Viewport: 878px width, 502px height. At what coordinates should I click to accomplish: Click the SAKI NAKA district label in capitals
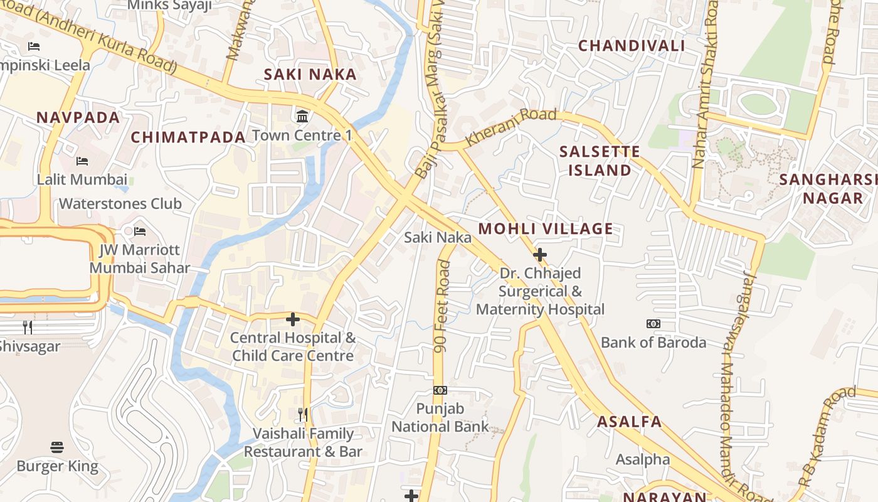tap(310, 74)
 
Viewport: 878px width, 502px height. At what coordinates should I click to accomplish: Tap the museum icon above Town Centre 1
tap(302, 116)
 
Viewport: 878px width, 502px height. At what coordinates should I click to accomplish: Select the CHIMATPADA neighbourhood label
tap(188, 137)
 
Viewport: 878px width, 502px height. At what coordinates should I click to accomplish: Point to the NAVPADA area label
tap(78, 117)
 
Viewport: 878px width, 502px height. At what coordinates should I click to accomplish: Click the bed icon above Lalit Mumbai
tap(82, 161)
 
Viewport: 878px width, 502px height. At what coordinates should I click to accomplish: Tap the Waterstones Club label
tap(120, 204)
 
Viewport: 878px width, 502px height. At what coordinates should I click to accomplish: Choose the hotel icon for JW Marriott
tap(139, 232)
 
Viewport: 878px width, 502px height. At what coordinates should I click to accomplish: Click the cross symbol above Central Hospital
tap(292, 319)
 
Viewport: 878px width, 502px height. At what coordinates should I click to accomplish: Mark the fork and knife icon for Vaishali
tap(303, 414)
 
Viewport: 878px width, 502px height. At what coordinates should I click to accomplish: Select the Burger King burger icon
tap(57, 447)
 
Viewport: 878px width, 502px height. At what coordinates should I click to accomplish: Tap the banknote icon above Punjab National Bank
tap(440, 390)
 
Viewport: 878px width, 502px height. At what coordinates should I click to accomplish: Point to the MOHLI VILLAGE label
tap(546, 228)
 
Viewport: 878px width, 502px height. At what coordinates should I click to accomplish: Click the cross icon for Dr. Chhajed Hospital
tap(539, 255)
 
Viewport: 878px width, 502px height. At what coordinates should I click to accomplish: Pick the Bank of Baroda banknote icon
tap(653, 324)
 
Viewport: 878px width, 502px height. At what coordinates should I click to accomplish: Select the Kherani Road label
tap(510, 127)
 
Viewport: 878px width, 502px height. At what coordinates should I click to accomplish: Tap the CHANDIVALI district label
tap(631, 46)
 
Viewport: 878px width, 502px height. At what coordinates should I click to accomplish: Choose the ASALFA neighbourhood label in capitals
tap(629, 422)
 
